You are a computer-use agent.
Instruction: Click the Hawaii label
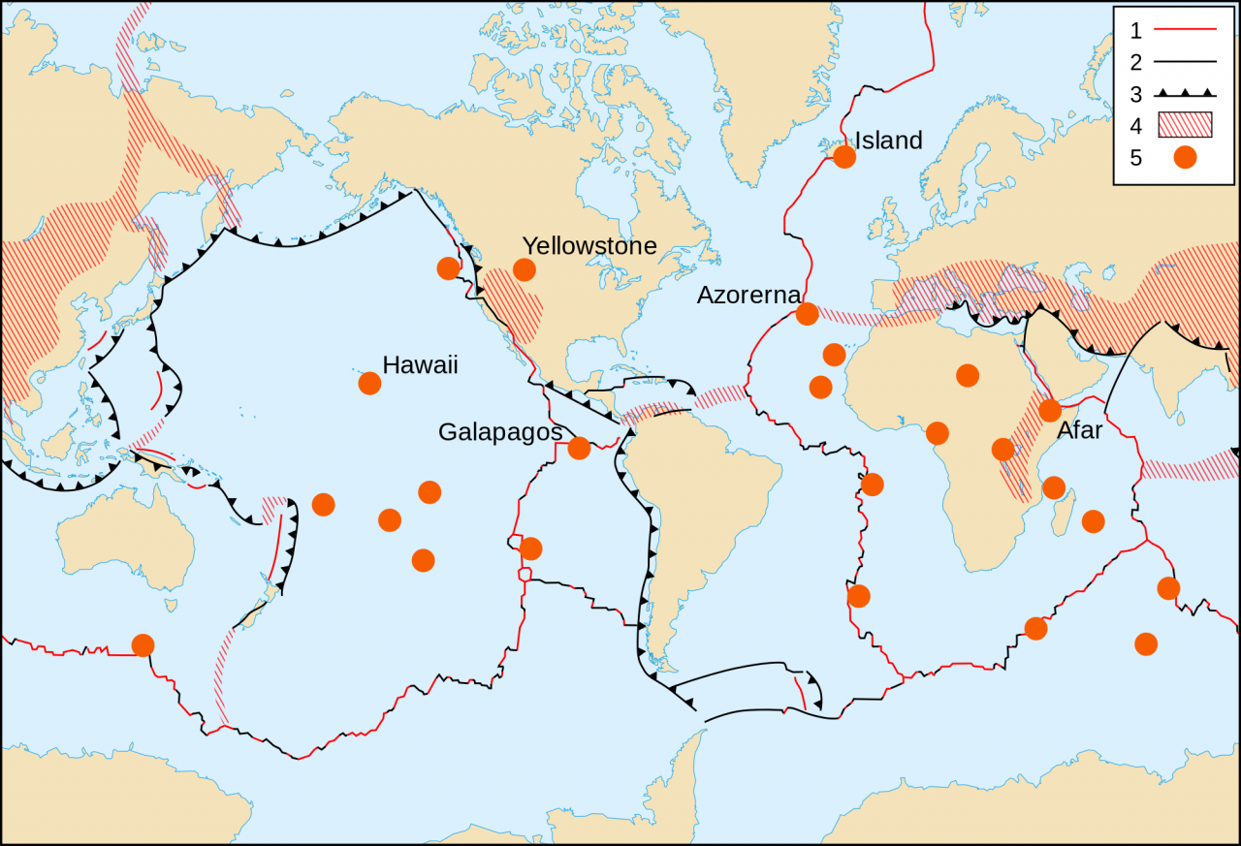[420, 365]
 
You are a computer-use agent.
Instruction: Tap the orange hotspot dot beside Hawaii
[369, 383]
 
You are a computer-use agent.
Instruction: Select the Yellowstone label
[589, 246]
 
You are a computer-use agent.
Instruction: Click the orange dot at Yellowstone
[525, 269]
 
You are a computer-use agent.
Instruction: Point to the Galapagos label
[499, 432]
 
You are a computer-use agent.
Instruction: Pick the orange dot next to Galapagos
[579, 448]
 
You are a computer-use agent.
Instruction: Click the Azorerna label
[748, 296]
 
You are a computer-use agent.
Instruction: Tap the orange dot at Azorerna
[807, 314]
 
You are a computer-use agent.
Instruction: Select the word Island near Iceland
[888, 141]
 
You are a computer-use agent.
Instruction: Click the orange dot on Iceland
[844, 156]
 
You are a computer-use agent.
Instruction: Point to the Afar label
[1079, 430]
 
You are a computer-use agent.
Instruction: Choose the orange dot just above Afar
[1050, 410]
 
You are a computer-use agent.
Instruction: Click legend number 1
[1135, 30]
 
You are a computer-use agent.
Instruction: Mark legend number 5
[1135, 158]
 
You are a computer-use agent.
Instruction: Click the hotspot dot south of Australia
[143, 644]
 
